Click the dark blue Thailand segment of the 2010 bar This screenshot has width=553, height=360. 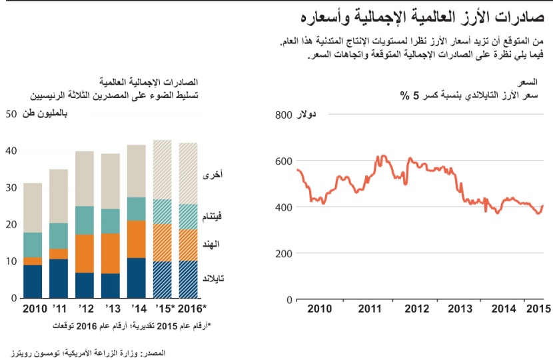(33, 281)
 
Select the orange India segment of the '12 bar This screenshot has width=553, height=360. (85, 253)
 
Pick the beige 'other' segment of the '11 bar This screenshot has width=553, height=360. (59, 196)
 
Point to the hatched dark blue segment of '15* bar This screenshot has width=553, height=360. (163, 279)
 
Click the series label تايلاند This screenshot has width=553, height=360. (213, 275)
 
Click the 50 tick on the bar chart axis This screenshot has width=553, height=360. (10, 114)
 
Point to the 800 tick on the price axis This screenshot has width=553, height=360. (283, 115)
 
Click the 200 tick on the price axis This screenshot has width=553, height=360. (283, 253)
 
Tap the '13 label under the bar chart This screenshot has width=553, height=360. (111, 309)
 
